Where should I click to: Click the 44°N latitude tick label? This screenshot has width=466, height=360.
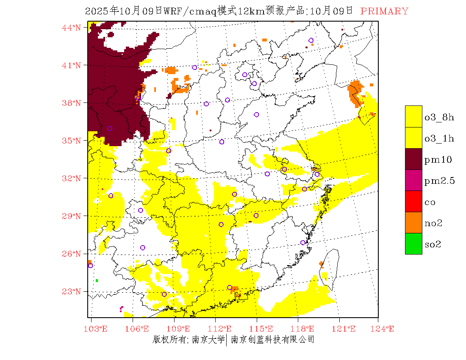(71, 28)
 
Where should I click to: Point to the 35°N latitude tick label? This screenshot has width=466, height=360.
(71, 141)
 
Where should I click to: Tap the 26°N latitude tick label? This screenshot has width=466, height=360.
(71, 254)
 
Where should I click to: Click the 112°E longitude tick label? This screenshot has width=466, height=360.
(222, 329)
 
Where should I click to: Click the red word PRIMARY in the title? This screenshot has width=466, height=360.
(384, 11)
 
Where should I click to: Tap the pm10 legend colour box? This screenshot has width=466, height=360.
(413, 159)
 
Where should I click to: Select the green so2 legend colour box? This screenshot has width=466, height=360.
(413, 244)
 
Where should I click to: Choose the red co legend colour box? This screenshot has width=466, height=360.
(413, 201)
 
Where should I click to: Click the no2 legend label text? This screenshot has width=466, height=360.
(433, 224)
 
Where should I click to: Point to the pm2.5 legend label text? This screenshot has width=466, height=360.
(439, 181)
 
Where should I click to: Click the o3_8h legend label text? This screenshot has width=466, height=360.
(439, 117)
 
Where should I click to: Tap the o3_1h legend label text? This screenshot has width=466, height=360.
(439, 138)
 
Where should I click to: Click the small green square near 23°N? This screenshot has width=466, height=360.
(97, 280)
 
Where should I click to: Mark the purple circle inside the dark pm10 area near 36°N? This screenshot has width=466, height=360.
(110, 128)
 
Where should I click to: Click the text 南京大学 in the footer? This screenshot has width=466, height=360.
(208, 340)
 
